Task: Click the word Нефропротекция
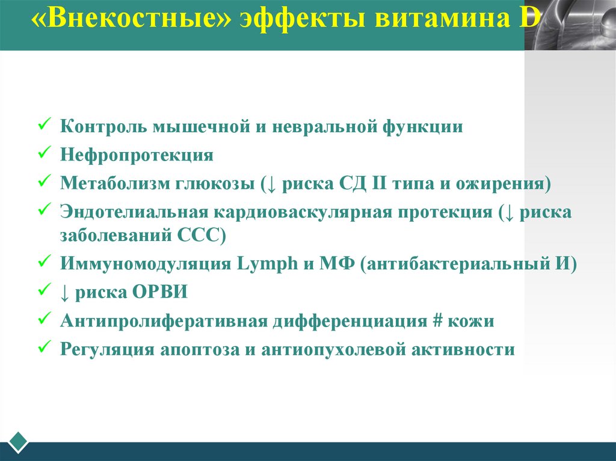pyautogui.click(x=137, y=156)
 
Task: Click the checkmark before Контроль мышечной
pyautogui.click(x=44, y=126)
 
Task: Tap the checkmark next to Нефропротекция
pyautogui.click(x=44, y=154)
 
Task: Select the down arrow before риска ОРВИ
pyautogui.click(x=64, y=293)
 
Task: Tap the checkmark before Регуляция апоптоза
pyautogui.click(x=44, y=349)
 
